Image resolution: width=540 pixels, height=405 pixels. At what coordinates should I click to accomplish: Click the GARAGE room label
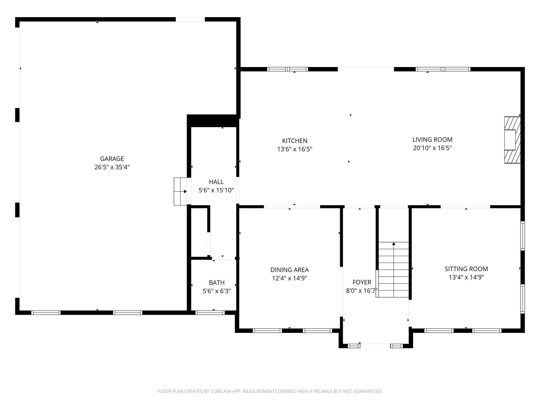tap(112, 159)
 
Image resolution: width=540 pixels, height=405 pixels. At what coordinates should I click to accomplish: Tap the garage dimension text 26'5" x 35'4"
tap(112, 167)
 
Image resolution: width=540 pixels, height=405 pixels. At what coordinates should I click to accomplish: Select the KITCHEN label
tap(295, 141)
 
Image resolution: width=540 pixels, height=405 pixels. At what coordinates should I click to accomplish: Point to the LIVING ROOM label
tap(432, 139)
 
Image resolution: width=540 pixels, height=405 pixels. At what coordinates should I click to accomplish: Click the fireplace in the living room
tap(512, 140)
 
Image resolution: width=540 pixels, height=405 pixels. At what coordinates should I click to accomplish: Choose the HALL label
tap(216, 182)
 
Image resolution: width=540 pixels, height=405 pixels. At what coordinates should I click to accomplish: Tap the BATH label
tap(216, 283)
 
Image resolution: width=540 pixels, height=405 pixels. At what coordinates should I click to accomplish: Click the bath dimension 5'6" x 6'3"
tap(216, 291)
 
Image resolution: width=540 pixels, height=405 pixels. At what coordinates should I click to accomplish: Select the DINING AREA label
tap(289, 270)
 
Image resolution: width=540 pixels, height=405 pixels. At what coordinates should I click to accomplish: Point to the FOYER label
tap(361, 282)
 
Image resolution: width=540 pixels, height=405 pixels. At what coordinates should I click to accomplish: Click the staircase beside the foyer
tap(393, 269)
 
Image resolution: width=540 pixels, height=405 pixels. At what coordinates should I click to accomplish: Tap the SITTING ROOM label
tap(466, 269)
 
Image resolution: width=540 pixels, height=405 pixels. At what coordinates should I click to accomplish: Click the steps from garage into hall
tap(180, 191)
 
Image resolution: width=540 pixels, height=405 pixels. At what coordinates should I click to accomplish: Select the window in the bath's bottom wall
tap(210, 313)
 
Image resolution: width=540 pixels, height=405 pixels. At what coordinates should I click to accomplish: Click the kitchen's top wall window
tap(287, 69)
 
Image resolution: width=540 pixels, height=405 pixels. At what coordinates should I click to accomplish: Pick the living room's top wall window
tap(443, 69)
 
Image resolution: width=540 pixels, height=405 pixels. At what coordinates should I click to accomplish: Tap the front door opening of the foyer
tap(375, 346)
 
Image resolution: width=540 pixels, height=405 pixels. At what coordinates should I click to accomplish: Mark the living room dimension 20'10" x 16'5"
tap(432, 148)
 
